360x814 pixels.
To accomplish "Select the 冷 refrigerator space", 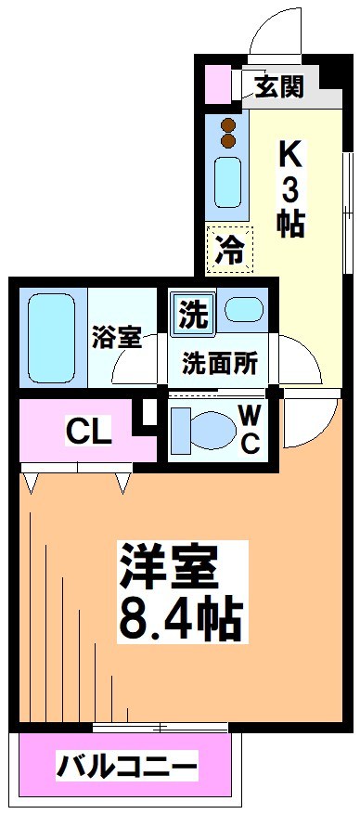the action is point(229,249).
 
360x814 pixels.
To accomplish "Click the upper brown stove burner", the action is point(227,124).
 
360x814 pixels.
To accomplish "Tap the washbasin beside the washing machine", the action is point(245,310).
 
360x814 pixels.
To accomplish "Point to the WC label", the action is point(251,429).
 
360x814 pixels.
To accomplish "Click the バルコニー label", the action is point(127,768).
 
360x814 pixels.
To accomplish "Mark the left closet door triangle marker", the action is point(32,481).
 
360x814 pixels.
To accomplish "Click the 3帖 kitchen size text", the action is point(290,208).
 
